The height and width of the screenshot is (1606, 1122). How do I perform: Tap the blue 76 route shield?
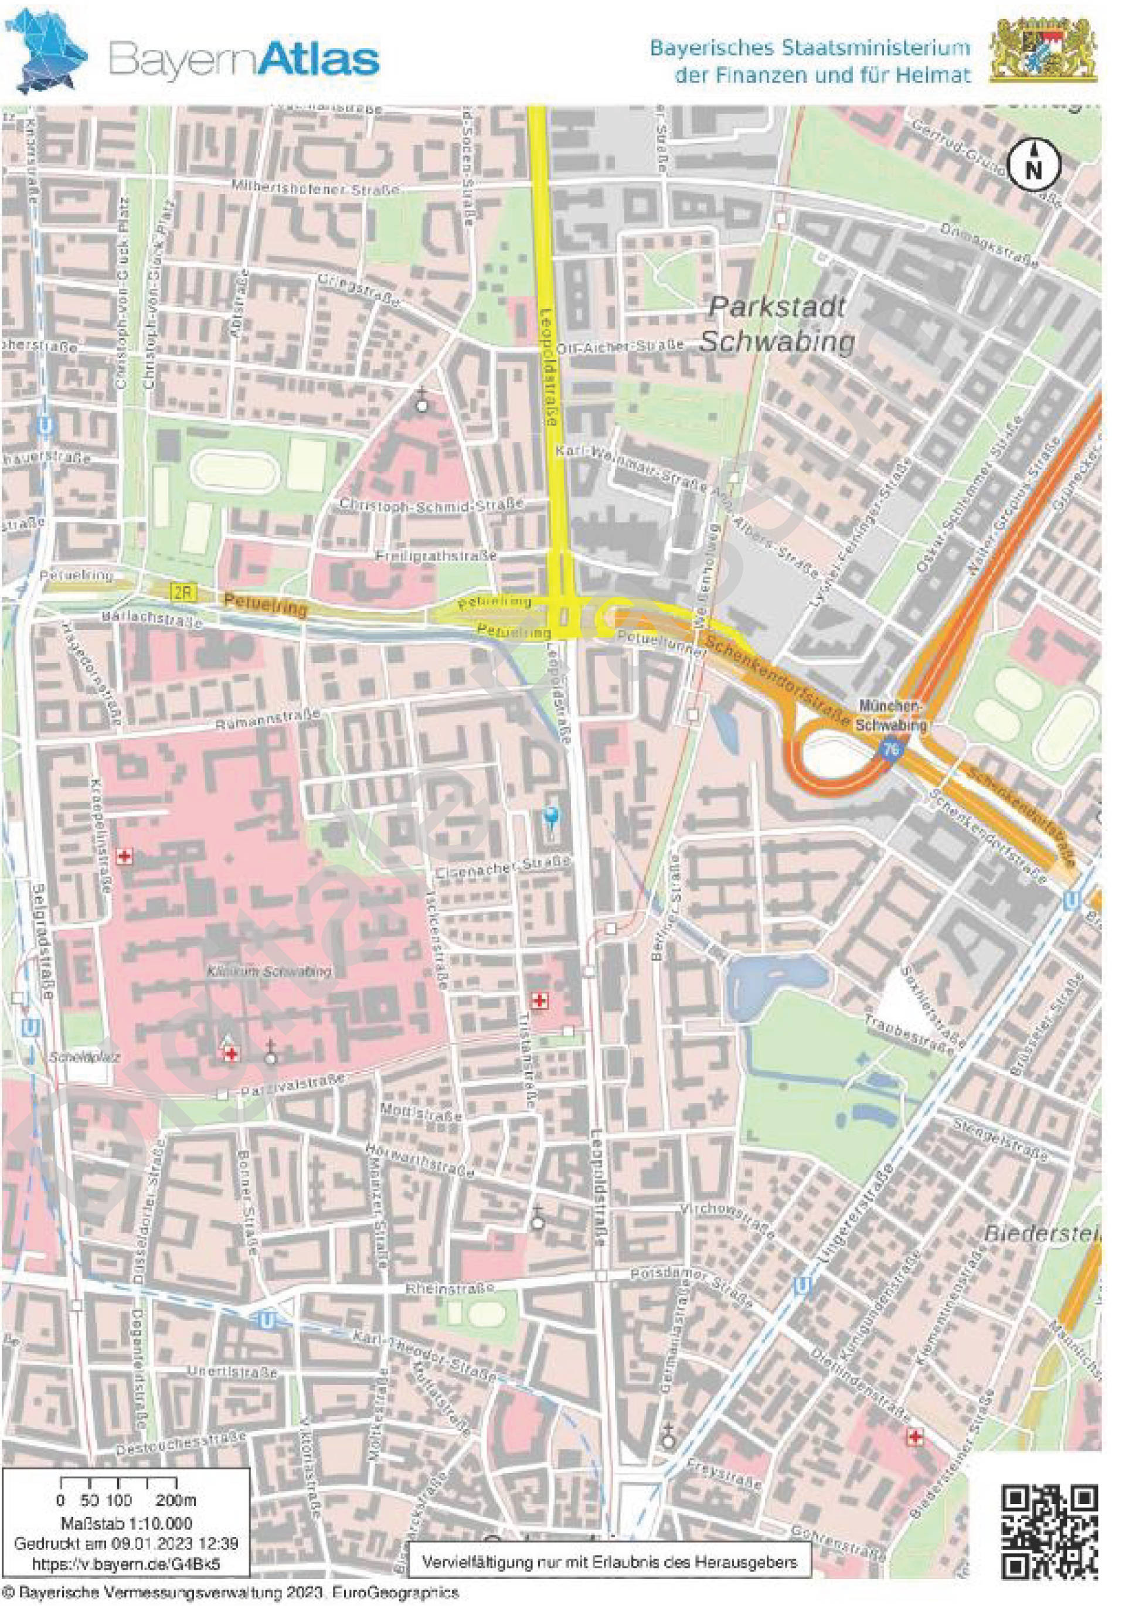(890, 749)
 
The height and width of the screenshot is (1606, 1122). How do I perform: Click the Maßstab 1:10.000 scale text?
(127, 1523)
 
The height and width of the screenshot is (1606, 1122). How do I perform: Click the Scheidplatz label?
(76, 1057)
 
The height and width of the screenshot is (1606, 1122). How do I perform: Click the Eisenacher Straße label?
(502, 868)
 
